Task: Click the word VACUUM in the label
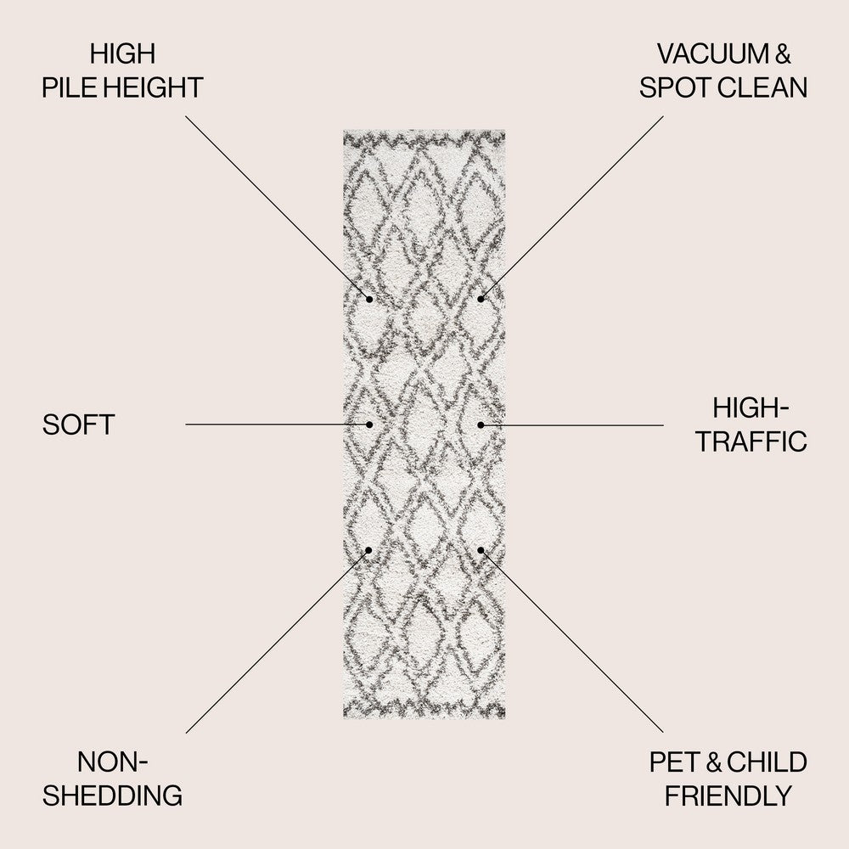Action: coord(713,53)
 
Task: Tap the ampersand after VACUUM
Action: coord(784,53)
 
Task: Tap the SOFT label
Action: coord(78,424)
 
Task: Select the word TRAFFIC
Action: coord(751,441)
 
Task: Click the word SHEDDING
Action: coord(113,796)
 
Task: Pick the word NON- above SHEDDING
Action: coord(113,762)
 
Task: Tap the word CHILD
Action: coord(767,762)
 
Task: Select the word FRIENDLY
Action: coord(728,796)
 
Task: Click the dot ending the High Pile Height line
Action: coord(369,299)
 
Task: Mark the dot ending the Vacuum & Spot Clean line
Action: coord(481,299)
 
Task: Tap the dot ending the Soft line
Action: coord(369,424)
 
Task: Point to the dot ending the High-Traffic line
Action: coord(481,425)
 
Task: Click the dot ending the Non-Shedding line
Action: coord(368,550)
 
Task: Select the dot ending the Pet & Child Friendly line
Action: coord(481,550)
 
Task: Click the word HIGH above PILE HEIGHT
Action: coord(123,53)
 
